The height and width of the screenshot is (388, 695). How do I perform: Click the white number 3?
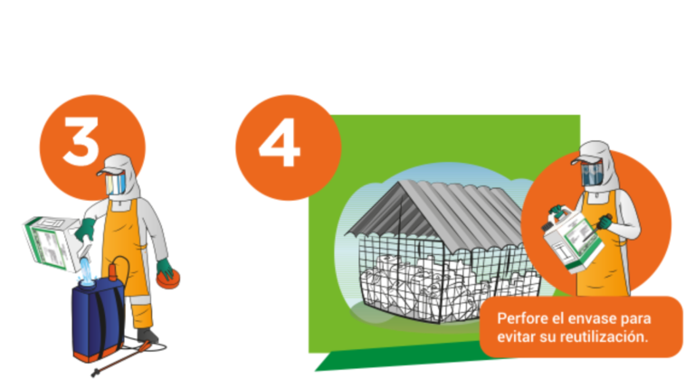(81, 142)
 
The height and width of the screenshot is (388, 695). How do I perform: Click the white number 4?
(280, 143)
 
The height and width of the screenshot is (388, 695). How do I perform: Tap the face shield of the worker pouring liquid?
(115, 184)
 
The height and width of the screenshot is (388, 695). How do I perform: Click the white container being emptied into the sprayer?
(54, 242)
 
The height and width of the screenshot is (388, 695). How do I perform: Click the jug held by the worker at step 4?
(573, 239)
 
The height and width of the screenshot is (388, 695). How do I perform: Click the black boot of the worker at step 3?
(147, 335)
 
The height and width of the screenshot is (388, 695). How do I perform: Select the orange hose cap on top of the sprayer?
(113, 272)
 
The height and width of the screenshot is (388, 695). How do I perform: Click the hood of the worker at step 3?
(123, 174)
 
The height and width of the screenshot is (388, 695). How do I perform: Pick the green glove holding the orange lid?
(165, 269)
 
